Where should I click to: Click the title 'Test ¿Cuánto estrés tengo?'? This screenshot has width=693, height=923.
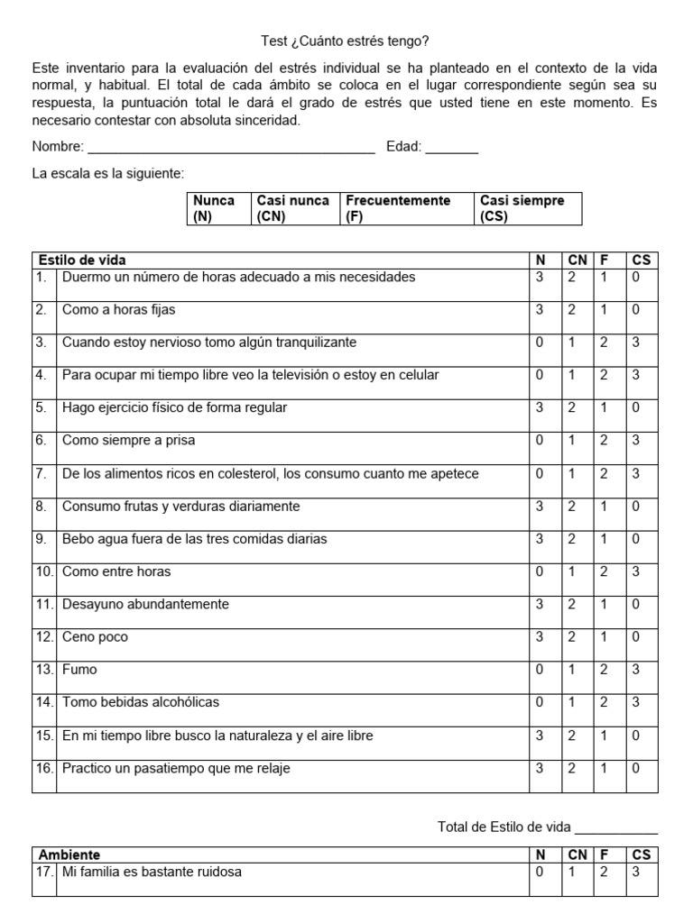tap(346, 41)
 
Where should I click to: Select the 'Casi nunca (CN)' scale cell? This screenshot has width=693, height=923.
tap(293, 208)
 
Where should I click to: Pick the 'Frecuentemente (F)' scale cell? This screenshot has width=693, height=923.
tap(408, 208)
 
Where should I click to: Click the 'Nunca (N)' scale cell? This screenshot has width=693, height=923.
tap(217, 208)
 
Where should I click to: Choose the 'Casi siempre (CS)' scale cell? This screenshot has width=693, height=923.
tap(528, 208)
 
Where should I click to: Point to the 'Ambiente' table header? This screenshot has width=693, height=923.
tap(69, 854)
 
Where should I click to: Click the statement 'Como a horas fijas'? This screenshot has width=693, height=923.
tap(118, 310)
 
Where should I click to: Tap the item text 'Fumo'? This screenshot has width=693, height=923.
tap(79, 670)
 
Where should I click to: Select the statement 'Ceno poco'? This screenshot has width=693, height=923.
tap(95, 637)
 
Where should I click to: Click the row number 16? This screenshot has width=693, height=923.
tap(44, 769)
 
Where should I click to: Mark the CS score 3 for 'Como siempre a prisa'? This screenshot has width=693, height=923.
tap(636, 441)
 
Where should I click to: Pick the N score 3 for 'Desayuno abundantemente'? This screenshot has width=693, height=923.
tap(540, 604)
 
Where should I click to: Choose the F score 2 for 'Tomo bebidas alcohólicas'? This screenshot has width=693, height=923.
tap(604, 702)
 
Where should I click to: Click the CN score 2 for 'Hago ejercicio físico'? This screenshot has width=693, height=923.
tap(572, 407)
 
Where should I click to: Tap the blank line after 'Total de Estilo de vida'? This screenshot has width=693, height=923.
tap(616, 827)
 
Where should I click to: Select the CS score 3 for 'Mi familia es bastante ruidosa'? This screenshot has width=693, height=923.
tap(636, 872)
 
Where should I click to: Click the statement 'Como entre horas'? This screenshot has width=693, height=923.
tap(115, 571)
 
